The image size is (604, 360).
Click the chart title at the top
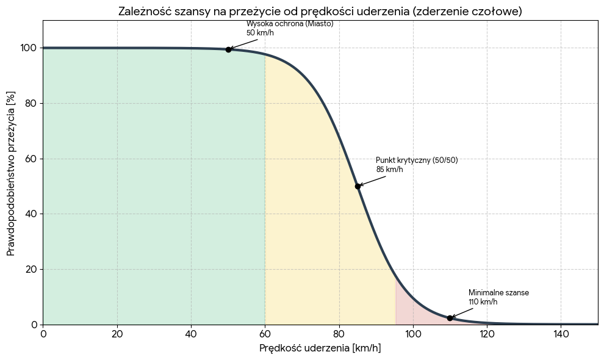click(x=320, y=12)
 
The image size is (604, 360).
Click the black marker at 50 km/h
click(x=228, y=49)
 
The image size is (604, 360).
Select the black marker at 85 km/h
click(x=358, y=186)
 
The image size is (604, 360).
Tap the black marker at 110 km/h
click(x=450, y=318)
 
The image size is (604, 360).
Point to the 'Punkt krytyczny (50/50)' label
click(x=417, y=160)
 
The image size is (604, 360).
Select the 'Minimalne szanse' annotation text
click(x=498, y=293)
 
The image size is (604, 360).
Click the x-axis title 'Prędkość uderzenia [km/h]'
click(x=320, y=348)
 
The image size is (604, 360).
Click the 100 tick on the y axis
click(x=28, y=48)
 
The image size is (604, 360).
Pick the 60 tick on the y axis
click(x=31, y=159)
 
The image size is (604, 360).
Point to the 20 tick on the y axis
click(x=31, y=269)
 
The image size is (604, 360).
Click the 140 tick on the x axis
click(x=561, y=334)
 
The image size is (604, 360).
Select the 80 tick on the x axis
click(x=339, y=334)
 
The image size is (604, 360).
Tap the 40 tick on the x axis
click(x=191, y=334)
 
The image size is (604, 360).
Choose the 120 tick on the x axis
click(x=487, y=334)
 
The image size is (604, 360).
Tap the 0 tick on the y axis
click(x=34, y=325)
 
